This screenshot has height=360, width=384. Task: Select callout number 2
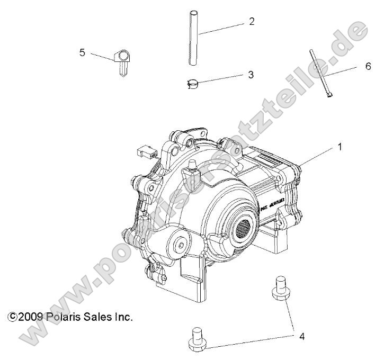point(252,22)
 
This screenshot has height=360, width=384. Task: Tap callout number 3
point(251,75)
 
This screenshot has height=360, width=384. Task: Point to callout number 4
point(302,336)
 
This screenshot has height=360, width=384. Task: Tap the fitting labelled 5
point(122,61)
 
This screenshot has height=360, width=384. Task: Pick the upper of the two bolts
point(280,289)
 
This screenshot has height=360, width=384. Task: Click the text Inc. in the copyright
point(121,317)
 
